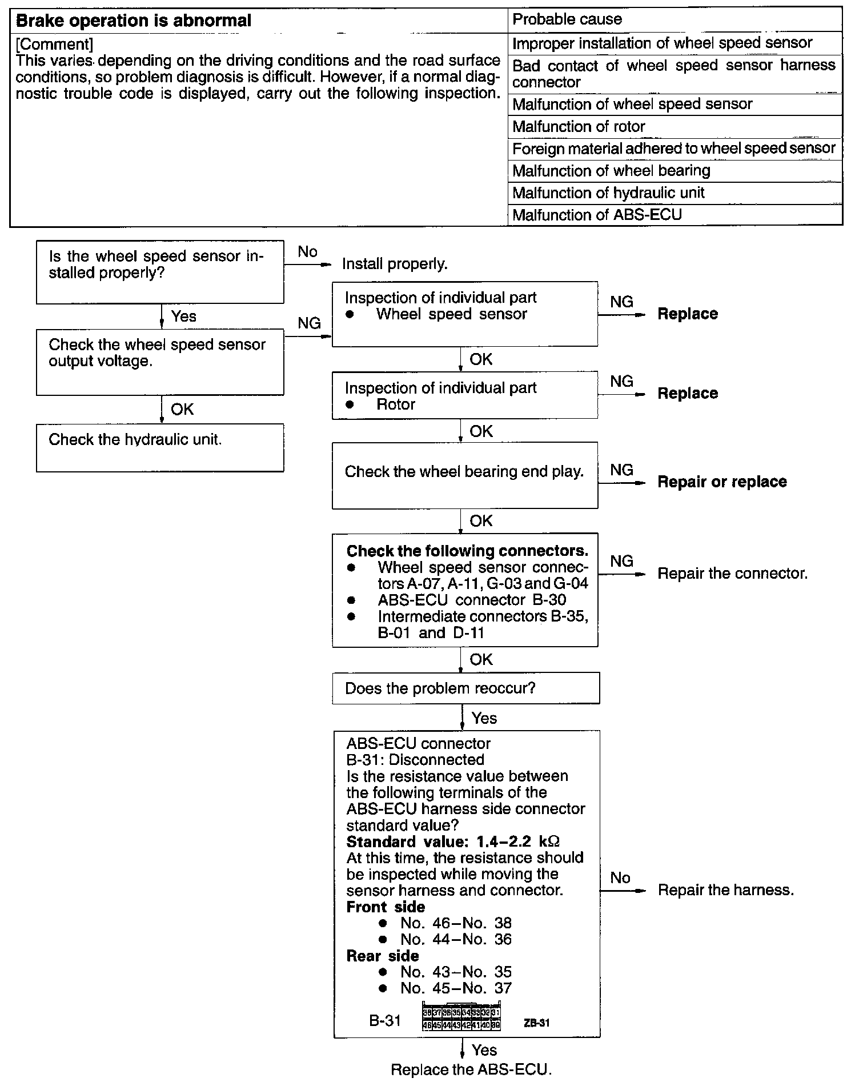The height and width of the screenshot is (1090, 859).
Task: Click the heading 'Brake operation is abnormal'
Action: pyautogui.click(x=134, y=21)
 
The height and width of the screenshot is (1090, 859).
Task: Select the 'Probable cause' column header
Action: pyautogui.click(x=567, y=19)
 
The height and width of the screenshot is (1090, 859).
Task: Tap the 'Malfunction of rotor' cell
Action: pyautogui.click(x=579, y=126)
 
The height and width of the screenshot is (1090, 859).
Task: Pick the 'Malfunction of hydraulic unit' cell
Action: pyautogui.click(x=608, y=193)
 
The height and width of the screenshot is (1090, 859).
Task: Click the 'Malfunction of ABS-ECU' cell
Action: pyautogui.click(x=597, y=215)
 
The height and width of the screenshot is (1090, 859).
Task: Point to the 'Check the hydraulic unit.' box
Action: pyautogui.click(x=159, y=447)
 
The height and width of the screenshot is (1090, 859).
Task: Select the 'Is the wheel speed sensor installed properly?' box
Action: pyautogui.click(x=159, y=271)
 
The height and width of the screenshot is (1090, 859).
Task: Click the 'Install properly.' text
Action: pyautogui.click(x=395, y=264)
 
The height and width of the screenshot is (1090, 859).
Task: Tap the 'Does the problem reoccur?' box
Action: pyautogui.click(x=465, y=688)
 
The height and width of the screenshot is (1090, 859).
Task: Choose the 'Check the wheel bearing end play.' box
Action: pyautogui.click(x=464, y=475)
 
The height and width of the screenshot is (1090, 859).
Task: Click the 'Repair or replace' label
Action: pyautogui.click(x=722, y=482)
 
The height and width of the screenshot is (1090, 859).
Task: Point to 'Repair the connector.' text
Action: pyautogui.click(x=733, y=573)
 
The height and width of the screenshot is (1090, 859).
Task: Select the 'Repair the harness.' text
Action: pyautogui.click(x=726, y=889)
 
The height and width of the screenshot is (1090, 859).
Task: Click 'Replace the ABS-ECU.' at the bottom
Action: pyautogui.click(x=471, y=1069)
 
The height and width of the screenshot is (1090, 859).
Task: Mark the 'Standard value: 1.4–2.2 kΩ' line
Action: pyautogui.click(x=453, y=841)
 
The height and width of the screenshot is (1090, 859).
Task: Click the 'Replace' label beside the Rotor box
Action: pyautogui.click(x=688, y=393)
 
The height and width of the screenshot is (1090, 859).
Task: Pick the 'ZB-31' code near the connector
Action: pyautogui.click(x=536, y=1023)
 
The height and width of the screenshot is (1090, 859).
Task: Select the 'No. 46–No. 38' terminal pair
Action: pyautogui.click(x=456, y=923)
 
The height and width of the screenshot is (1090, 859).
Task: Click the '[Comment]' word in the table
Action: pyautogui.click(x=55, y=44)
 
